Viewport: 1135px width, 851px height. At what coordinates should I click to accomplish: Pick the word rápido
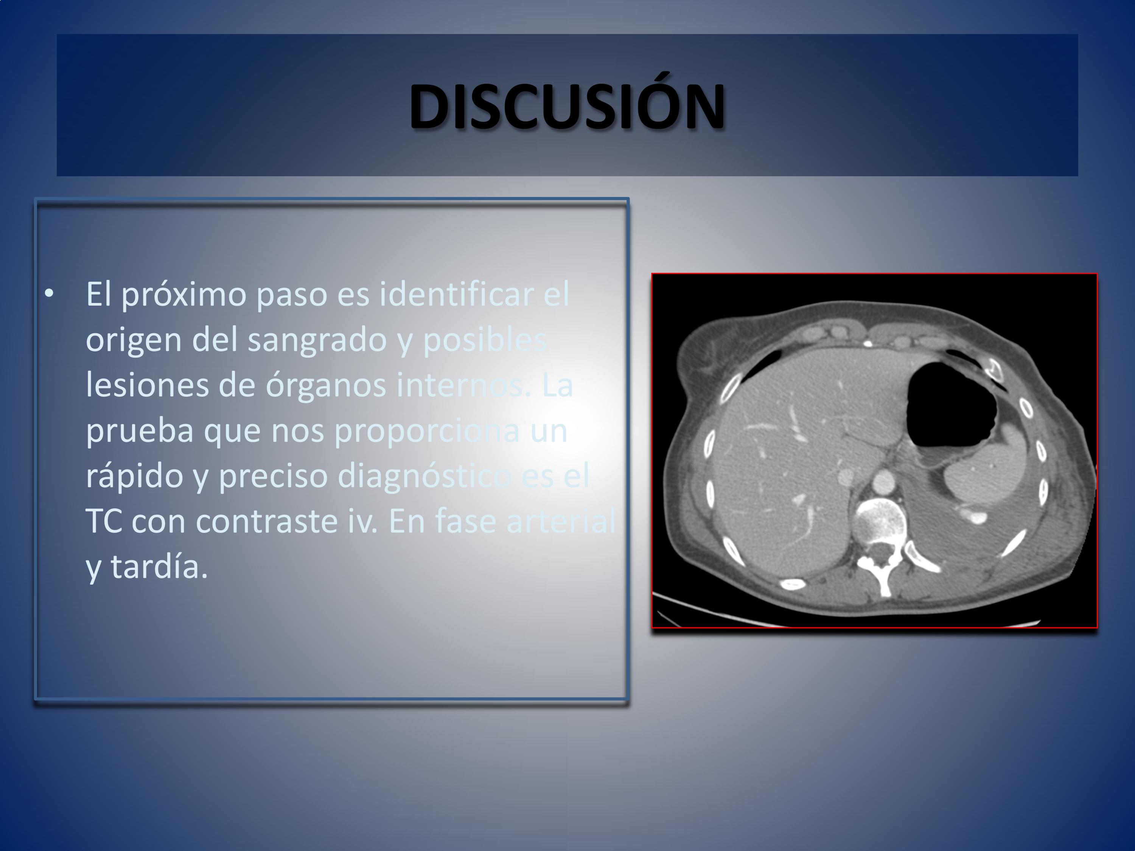134,477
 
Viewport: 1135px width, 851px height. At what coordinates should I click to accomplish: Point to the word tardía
159,567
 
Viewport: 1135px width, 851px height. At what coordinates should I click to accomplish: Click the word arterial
560,521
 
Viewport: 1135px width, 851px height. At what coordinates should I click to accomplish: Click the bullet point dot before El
49,294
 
